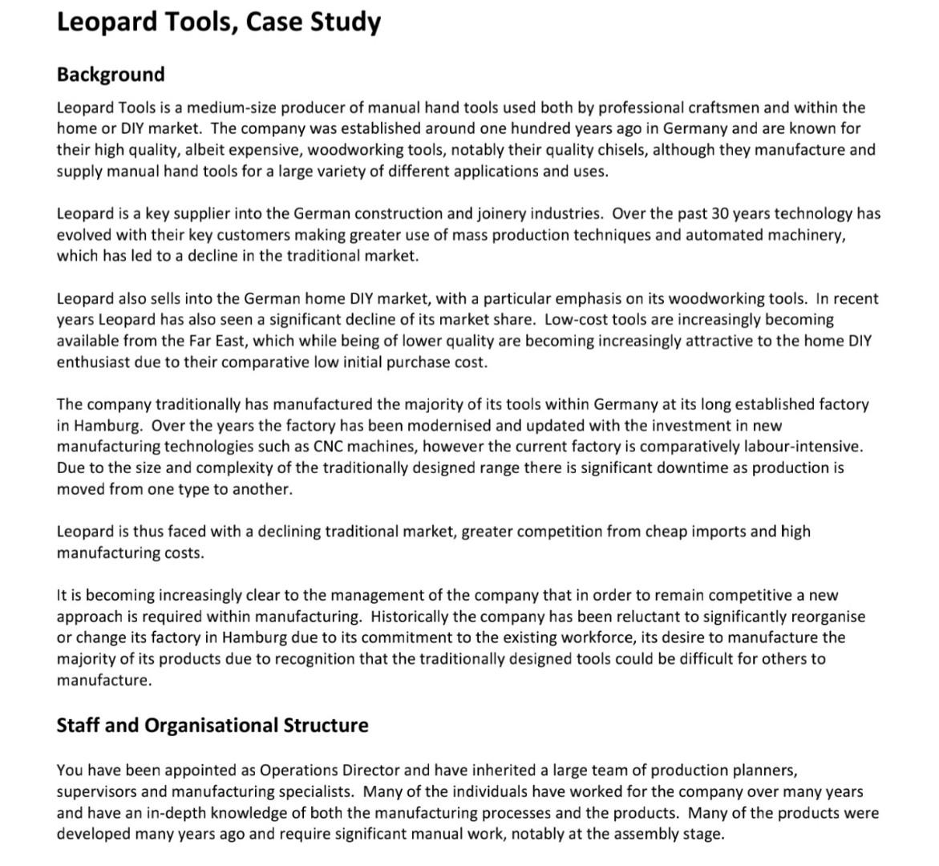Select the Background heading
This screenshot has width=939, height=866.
tap(111, 75)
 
